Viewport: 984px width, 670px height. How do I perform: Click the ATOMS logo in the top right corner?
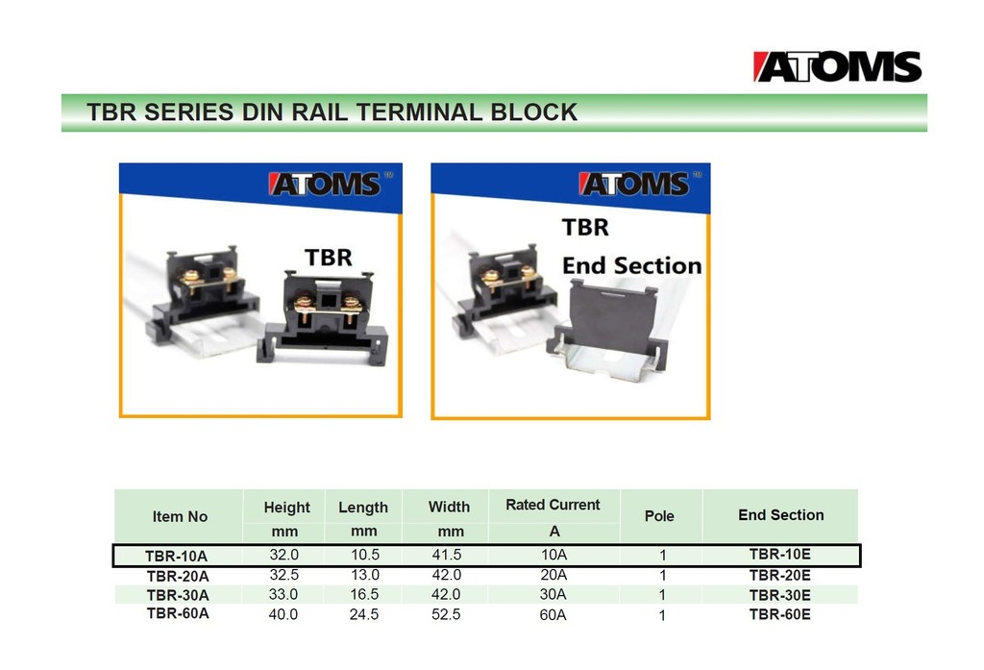point(837,66)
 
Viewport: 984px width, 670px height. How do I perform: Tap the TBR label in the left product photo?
point(328,258)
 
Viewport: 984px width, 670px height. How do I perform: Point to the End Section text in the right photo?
point(631,265)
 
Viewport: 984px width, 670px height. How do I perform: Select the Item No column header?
point(180,516)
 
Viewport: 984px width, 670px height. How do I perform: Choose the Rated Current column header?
point(553,505)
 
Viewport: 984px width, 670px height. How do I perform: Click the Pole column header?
point(659,516)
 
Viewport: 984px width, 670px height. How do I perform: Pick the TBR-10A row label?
point(176,556)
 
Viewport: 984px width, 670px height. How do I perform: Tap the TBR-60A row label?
point(177,613)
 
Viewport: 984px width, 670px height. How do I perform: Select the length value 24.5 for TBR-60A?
point(362,614)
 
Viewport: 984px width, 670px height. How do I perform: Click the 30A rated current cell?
point(553,595)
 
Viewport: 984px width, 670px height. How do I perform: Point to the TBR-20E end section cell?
point(779,575)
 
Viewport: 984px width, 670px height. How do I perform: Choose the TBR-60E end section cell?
point(779,614)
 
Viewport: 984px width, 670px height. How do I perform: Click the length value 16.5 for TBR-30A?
point(362,595)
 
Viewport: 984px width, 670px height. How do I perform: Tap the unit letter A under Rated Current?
point(553,531)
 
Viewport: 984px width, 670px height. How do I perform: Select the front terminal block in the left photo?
point(322,317)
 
